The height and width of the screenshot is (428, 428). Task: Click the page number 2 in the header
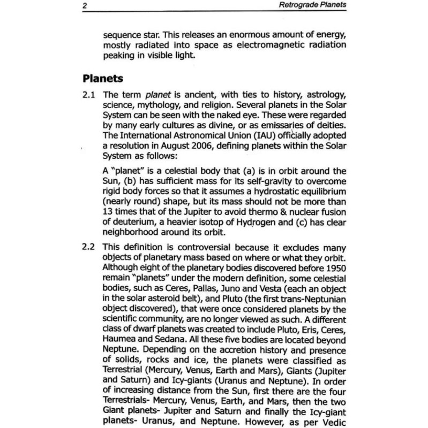[x=85, y=6]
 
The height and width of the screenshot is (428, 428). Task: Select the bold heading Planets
[x=103, y=79]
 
